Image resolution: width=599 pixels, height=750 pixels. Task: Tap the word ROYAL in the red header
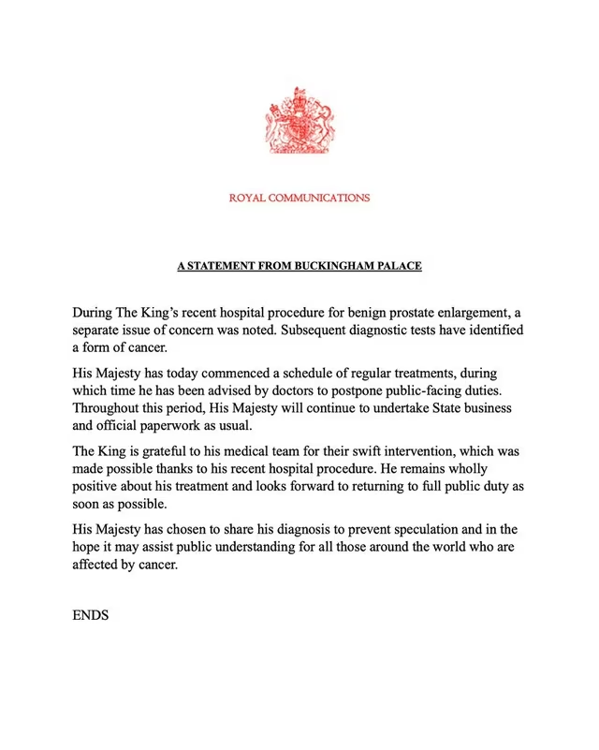point(249,199)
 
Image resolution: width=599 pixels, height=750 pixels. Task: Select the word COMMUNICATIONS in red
point(320,199)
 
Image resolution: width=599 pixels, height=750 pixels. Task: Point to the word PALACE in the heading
point(399,267)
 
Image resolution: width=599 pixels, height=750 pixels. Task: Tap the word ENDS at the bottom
point(91,617)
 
